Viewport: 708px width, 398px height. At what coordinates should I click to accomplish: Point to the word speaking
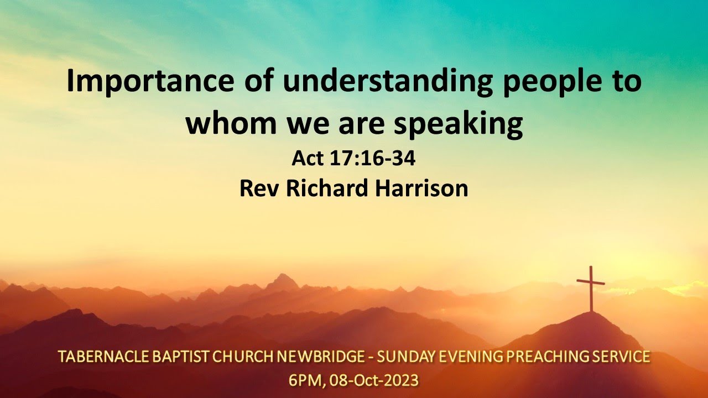(x=459, y=124)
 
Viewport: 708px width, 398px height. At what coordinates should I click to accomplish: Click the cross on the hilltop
(x=591, y=287)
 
